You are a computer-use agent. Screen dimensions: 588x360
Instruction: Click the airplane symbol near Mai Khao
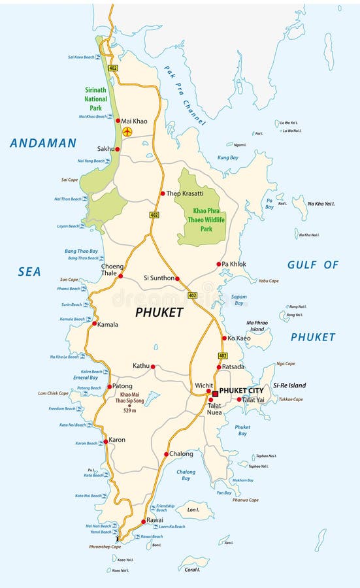pyautogui.click(x=127, y=132)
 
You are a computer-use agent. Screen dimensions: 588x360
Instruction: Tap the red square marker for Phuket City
pyautogui.click(x=214, y=394)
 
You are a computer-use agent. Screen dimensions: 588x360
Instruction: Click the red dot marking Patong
pyautogui.click(x=109, y=386)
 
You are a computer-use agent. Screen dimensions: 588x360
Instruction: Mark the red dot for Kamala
pyautogui.click(x=95, y=323)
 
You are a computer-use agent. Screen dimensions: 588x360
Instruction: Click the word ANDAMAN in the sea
pyautogui.click(x=43, y=143)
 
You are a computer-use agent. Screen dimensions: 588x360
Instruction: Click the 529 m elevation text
pyautogui.click(x=128, y=410)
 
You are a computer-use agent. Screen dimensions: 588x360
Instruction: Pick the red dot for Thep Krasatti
pyautogui.click(x=163, y=193)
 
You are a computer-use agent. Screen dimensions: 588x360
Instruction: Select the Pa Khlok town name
pyautogui.click(x=234, y=264)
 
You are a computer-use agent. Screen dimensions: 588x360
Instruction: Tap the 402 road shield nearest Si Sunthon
pyautogui.click(x=192, y=295)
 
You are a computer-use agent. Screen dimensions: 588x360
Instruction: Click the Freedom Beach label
pyautogui.click(x=62, y=409)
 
